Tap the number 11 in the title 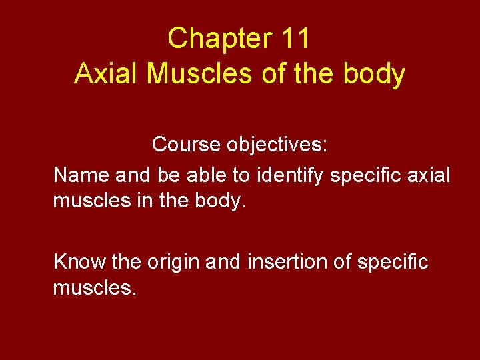(295, 39)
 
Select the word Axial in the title (107, 74)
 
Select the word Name (81, 175)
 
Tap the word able (202, 175)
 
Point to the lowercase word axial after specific (429, 175)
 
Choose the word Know (79, 262)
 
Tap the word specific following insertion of (393, 262)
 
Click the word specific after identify (367, 175)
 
